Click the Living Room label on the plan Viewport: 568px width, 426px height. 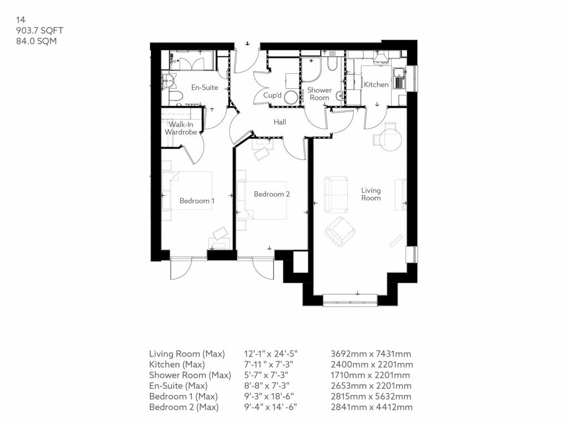pyautogui.click(x=371, y=194)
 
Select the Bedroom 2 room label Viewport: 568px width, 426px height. pyautogui.click(x=272, y=194)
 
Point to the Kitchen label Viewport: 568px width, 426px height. pyautogui.click(x=376, y=84)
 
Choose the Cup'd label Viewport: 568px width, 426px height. pyautogui.click(x=272, y=95)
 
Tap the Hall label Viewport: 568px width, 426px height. pyautogui.click(x=280, y=122)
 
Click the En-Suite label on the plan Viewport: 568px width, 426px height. pyautogui.click(x=205, y=88)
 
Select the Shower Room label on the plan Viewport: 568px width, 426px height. pyautogui.click(x=319, y=94)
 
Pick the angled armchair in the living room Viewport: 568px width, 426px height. pyautogui.click(x=340, y=231)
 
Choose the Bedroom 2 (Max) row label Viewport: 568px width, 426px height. pyautogui.click(x=184, y=407)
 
